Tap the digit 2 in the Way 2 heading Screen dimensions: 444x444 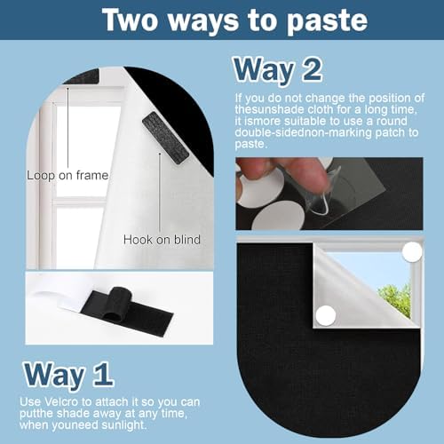313,70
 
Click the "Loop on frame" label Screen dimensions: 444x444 67,175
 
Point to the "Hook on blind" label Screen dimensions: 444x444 162,240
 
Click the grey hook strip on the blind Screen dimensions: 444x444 165,137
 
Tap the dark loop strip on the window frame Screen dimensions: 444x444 82,76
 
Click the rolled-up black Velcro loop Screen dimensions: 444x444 117,303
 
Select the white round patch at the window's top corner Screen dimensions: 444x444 413,252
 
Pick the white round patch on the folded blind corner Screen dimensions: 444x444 326,315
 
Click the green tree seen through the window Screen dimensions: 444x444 395,298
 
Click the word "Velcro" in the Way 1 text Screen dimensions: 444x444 61,402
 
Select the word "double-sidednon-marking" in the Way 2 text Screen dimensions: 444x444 303,132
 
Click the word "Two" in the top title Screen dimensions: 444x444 131,20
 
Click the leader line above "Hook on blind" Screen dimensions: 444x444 160,193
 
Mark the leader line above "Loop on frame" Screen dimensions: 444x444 67,128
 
